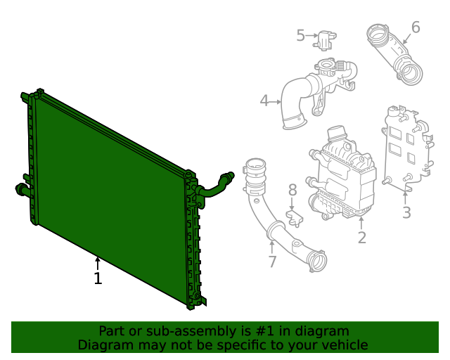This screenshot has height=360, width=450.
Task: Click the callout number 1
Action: coord(98,278)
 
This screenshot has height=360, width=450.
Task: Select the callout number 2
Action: coord(361,238)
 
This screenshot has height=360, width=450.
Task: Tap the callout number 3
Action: coord(406,212)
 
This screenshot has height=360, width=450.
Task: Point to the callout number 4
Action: coord(264,101)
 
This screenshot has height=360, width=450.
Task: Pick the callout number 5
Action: coord(300,35)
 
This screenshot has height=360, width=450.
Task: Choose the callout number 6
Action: coord(416,27)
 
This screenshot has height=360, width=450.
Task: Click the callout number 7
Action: coord(272,262)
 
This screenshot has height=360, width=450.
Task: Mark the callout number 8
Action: coord(292,190)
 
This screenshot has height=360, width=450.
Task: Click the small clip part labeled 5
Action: coord(325,39)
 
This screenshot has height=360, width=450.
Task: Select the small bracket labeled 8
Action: coord(295,217)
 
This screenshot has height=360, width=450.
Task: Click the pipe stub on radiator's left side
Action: coord(21,188)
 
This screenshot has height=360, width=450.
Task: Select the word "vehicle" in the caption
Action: coord(343,345)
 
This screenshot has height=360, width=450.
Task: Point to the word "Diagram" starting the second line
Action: coord(104,345)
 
